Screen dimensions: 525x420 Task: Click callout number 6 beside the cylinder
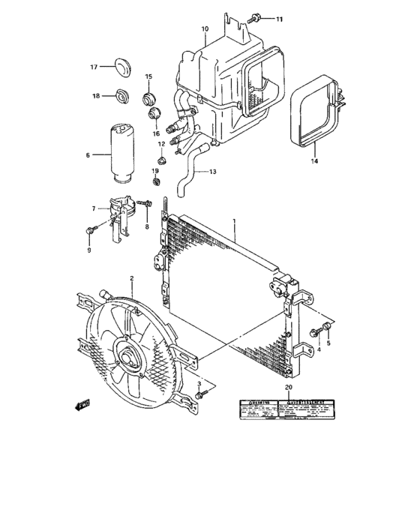[x=87, y=155]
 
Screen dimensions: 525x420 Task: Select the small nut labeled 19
[x=155, y=181]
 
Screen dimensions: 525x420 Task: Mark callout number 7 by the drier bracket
[x=94, y=208]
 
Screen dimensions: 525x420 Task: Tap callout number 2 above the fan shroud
[x=132, y=278]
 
